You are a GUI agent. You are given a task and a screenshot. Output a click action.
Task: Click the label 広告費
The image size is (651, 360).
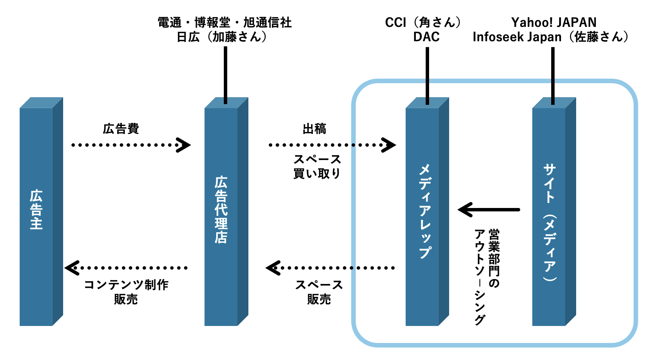121,129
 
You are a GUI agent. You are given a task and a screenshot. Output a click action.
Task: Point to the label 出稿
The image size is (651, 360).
314,129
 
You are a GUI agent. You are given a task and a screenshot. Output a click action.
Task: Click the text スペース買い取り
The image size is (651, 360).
317,166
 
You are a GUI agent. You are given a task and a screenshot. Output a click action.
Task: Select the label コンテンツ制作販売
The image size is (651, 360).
126,292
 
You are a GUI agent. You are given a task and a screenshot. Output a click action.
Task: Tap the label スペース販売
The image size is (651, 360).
319,292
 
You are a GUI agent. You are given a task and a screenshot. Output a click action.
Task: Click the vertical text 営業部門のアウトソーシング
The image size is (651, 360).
487,276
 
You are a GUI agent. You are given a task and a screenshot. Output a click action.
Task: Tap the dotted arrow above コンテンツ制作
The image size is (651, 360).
127,268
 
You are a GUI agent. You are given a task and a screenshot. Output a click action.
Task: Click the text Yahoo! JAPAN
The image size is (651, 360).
554,22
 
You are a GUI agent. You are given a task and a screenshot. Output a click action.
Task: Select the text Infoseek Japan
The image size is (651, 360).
517,37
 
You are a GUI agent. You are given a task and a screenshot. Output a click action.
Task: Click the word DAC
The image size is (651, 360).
426,37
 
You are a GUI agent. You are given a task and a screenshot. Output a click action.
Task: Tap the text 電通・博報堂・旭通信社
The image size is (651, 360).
225,22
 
